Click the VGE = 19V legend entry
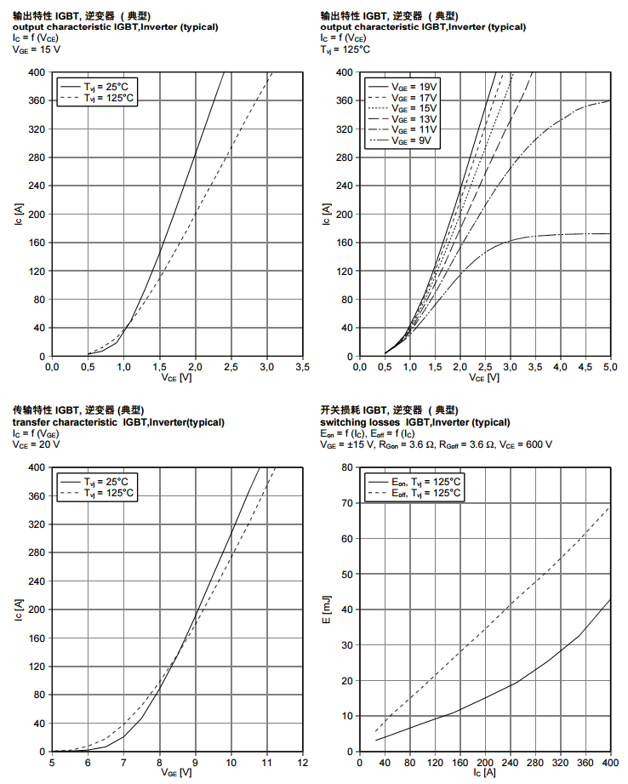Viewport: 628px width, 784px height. click(x=414, y=86)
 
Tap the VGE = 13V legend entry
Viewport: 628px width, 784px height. click(x=414, y=119)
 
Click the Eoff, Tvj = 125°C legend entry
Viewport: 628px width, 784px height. click(x=426, y=493)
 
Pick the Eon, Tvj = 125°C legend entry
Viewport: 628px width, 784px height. click(x=426, y=482)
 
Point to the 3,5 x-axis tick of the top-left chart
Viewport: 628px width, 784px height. click(x=302, y=367)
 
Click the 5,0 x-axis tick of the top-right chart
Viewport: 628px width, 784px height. click(x=610, y=367)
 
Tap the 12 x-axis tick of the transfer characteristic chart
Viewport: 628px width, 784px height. click(x=302, y=762)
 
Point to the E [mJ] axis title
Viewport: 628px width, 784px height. click(x=328, y=609)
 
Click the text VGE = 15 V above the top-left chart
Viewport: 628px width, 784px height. click(x=37, y=49)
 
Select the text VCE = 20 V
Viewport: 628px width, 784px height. click(x=37, y=444)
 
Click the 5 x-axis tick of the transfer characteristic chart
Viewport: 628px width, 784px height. click(x=53, y=762)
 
